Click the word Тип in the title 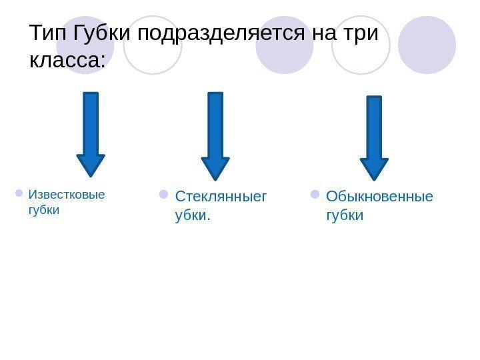(48, 33)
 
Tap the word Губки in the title (103, 33)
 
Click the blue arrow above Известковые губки (91, 133)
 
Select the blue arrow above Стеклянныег (215, 136)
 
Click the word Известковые (66, 195)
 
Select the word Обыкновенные (379, 197)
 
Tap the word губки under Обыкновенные (345, 216)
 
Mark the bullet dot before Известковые (18, 194)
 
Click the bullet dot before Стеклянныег (164, 195)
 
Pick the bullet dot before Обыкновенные (315, 195)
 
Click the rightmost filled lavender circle (427, 45)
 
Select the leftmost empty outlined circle (153, 45)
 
